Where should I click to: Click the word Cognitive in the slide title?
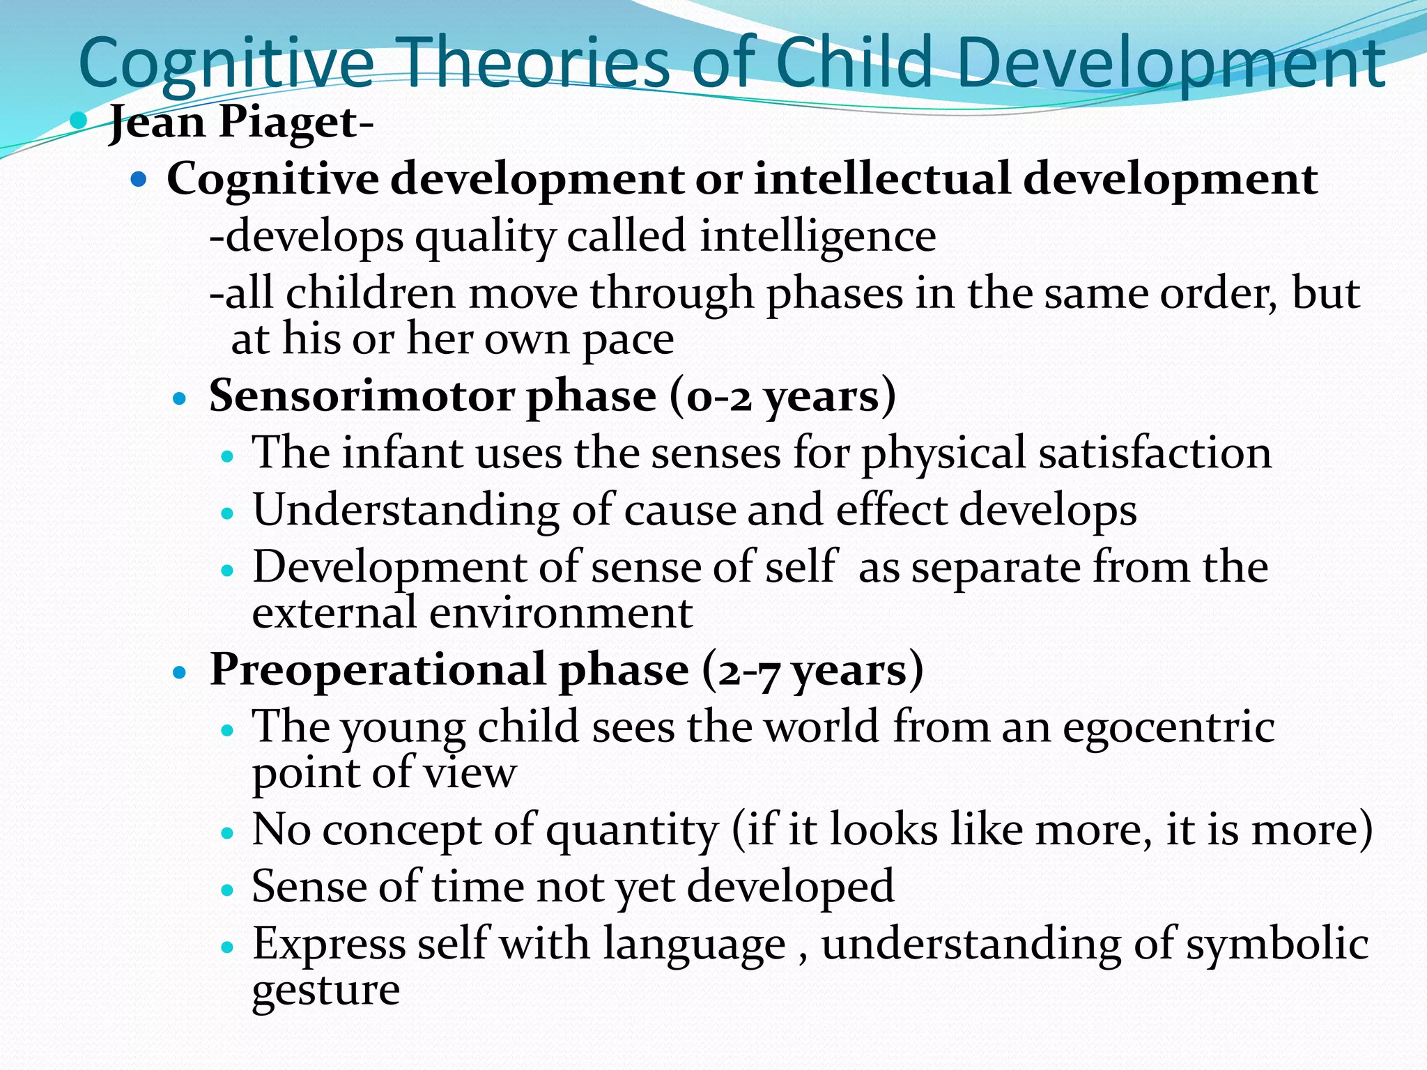[226, 64]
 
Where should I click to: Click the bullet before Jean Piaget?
[79, 121]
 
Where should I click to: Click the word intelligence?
[818, 236]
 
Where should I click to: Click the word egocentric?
[1168, 727]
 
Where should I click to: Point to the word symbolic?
[1276, 945]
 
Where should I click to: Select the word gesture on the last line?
[325, 991]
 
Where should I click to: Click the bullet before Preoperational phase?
[180, 673]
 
